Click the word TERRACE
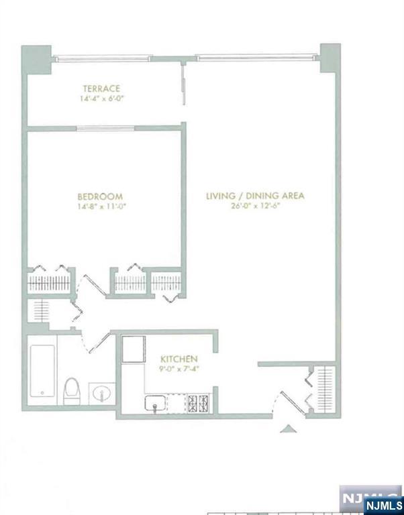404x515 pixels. coord(101,89)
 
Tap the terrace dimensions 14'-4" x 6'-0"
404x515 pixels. coord(101,99)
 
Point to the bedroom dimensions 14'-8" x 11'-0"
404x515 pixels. coord(101,207)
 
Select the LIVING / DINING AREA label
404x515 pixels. coord(255,196)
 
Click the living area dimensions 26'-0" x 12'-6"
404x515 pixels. coord(255,206)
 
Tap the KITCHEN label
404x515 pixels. coord(178,359)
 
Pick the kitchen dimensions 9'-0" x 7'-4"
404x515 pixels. coord(178,369)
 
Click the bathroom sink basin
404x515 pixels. coord(100,392)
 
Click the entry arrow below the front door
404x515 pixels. coord(287,428)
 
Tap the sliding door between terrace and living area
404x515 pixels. coord(183,84)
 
